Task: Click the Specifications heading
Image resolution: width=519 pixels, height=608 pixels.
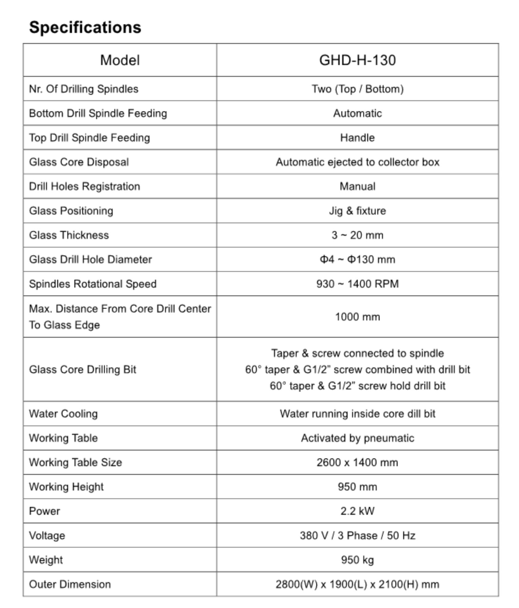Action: [85, 27]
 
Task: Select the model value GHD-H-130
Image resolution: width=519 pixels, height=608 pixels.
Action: [357, 60]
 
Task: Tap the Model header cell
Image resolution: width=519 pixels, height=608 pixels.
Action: [120, 60]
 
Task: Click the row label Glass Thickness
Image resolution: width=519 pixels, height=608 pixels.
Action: [69, 235]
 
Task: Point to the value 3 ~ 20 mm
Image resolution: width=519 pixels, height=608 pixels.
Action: [357, 235]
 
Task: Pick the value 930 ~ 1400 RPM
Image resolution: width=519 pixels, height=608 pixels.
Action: [357, 284]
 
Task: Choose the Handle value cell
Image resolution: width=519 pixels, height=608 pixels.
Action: [357, 138]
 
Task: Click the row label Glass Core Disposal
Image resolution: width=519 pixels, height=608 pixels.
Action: [79, 162]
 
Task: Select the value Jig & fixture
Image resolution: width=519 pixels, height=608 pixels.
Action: [357, 211]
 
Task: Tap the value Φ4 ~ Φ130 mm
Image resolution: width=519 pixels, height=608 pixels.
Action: [357, 260]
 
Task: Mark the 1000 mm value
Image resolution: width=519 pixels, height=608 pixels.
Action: [357, 317]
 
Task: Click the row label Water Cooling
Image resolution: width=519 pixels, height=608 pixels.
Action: [63, 414]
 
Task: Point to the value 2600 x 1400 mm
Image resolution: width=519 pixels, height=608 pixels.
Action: [357, 462]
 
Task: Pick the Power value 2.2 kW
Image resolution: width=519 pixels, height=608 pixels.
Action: [357, 511]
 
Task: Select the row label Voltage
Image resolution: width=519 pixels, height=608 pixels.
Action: [47, 535]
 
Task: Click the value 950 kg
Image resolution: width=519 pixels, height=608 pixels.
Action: [357, 560]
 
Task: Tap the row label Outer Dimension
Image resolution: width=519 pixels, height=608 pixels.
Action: [70, 584]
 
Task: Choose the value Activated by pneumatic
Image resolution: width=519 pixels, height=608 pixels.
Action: [357, 438]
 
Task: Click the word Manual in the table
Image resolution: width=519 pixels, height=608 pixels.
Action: [357, 186]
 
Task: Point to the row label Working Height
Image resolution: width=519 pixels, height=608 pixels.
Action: [66, 487]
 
